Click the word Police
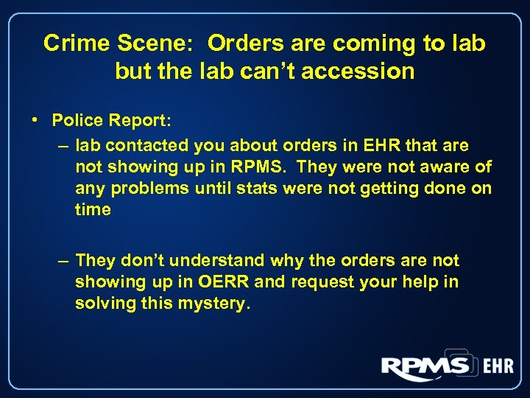click(77, 119)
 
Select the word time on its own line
click(93, 210)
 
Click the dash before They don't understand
click(65, 261)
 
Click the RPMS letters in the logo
click(425, 366)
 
